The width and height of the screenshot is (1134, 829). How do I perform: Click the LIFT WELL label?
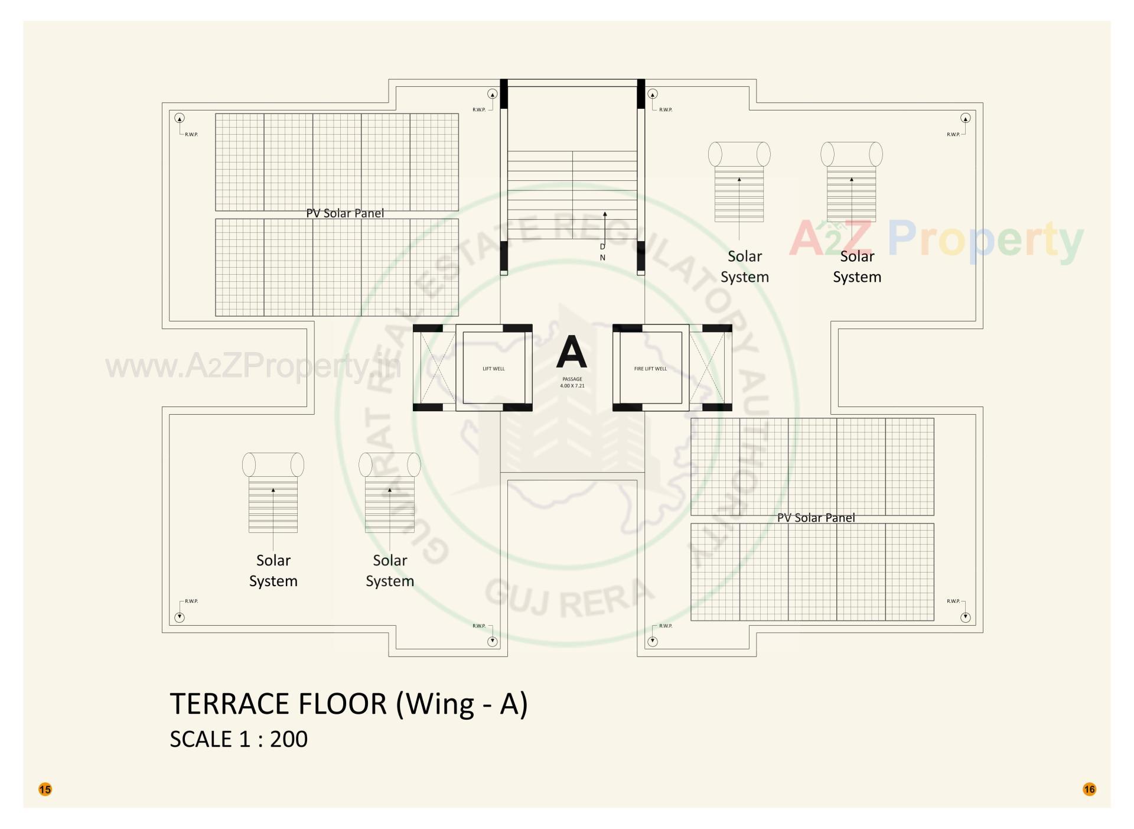tap(494, 369)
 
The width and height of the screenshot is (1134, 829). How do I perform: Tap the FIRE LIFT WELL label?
tap(650, 369)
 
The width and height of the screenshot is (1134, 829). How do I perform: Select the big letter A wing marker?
tap(571, 352)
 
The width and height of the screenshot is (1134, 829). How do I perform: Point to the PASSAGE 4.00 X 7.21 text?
tap(572, 382)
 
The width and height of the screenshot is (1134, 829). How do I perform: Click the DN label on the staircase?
tap(602, 252)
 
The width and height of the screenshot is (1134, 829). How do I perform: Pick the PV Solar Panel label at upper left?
tap(345, 213)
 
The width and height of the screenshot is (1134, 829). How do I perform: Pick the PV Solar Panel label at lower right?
tap(816, 518)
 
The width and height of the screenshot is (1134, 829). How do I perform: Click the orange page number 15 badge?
tap(45, 789)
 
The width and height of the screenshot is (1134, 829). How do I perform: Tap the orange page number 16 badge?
tap(1089, 789)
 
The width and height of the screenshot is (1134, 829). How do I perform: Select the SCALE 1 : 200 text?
tap(239, 739)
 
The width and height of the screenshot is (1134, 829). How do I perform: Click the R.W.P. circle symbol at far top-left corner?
tap(180, 118)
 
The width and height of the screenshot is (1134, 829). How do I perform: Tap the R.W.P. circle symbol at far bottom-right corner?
tap(966, 617)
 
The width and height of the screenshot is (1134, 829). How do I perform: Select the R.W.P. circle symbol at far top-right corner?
tap(966, 118)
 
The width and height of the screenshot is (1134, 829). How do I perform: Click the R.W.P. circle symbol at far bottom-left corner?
tap(180, 617)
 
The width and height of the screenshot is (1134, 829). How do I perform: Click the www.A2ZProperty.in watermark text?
tap(253, 367)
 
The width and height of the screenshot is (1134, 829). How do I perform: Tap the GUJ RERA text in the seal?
tap(569, 597)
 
